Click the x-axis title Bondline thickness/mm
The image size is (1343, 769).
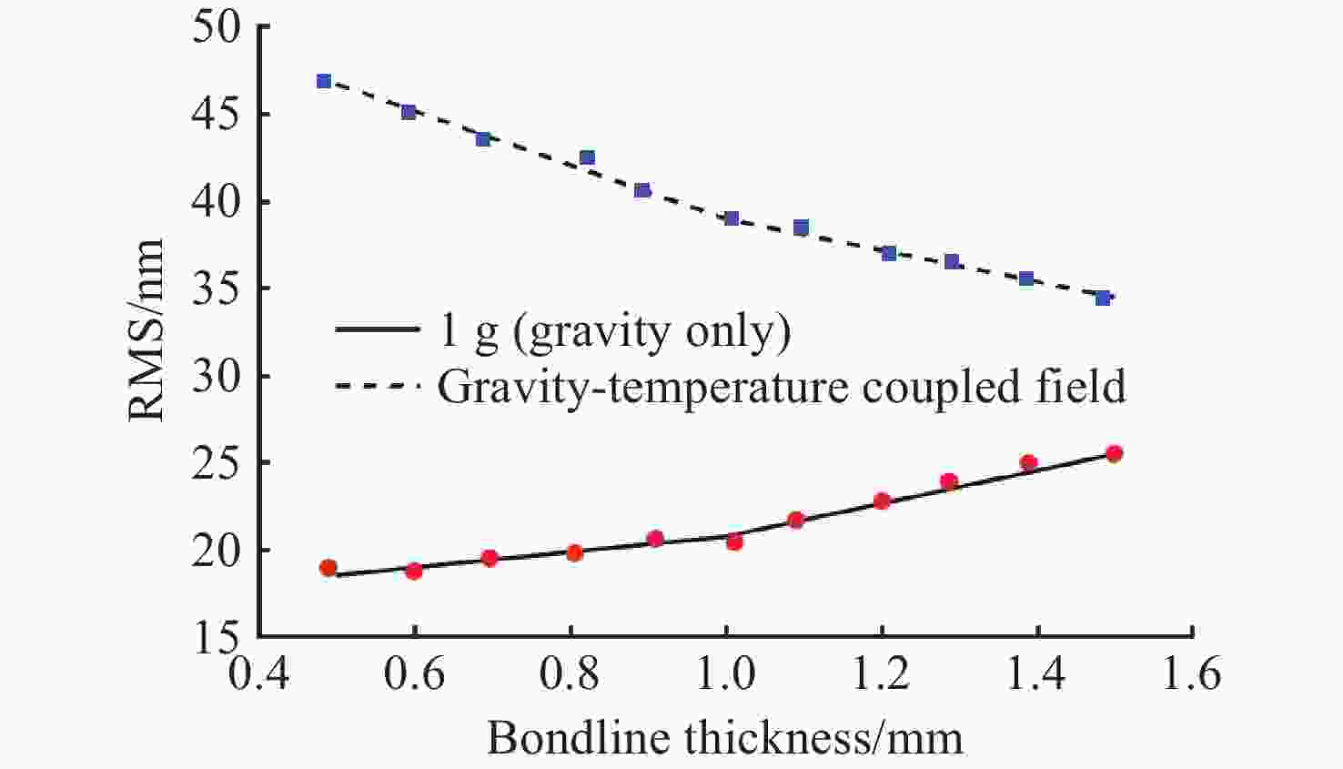point(724,737)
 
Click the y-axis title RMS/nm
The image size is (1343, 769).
point(146,330)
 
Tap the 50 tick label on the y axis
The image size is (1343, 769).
point(216,27)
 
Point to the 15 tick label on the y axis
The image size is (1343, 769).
point(216,637)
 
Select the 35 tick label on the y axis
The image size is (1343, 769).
point(216,288)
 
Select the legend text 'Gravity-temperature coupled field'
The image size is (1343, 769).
point(782,386)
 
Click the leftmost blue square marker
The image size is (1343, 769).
point(323,81)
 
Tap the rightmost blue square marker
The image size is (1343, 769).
point(1103,298)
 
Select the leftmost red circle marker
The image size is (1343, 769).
point(328,568)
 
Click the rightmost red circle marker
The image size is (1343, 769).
point(1114,453)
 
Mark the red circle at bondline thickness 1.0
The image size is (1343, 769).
point(734,541)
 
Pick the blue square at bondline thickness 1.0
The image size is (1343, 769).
point(732,218)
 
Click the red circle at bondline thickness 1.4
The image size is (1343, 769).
point(1028,462)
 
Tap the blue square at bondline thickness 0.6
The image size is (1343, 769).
point(409,112)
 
